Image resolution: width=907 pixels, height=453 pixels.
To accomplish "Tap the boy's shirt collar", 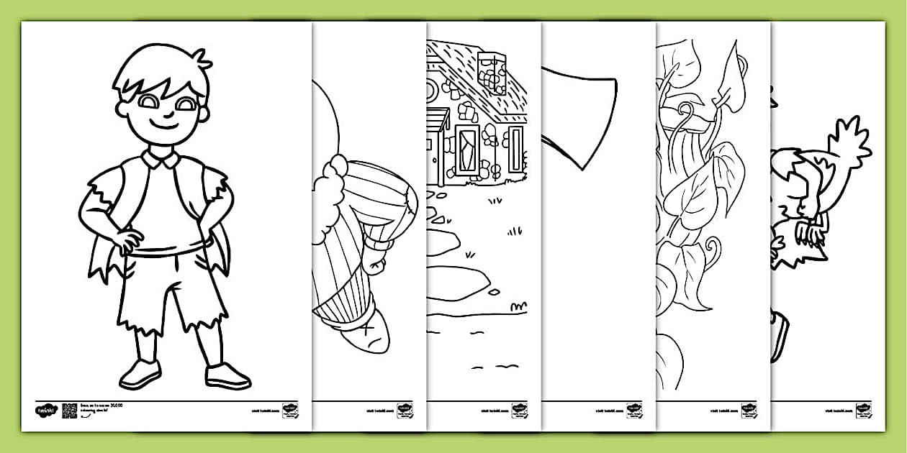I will pos(161,158).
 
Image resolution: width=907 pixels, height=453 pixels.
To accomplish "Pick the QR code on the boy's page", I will pos(69,411).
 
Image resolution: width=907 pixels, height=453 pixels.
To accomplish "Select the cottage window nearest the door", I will pos(466,149).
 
